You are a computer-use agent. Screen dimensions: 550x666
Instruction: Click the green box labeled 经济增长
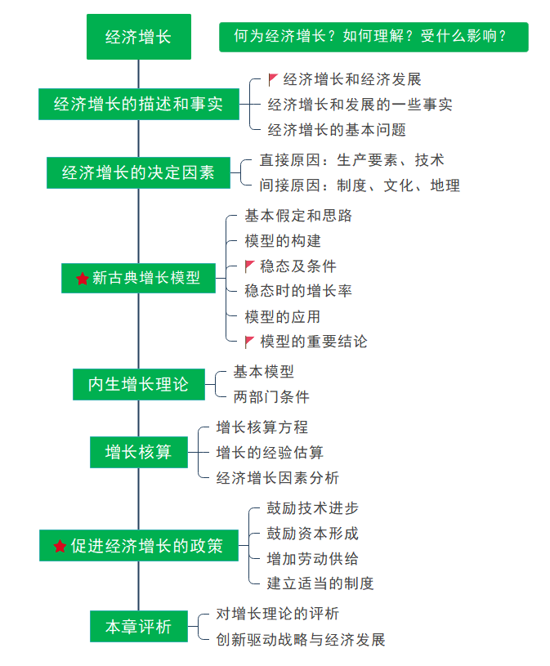tap(138, 37)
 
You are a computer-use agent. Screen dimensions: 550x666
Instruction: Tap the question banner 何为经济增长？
tap(373, 37)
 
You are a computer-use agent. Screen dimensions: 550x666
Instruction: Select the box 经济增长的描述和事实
tap(138, 104)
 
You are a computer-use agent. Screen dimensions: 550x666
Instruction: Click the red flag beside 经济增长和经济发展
tap(274, 79)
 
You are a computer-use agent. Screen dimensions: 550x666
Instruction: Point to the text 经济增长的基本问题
tap(337, 129)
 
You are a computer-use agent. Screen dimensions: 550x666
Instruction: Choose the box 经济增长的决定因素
tap(138, 172)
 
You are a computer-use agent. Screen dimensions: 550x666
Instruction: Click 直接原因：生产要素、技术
tap(351, 160)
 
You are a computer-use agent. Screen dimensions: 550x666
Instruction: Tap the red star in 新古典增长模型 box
tap(82, 279)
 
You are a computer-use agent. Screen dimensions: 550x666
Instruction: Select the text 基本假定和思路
tap(298, 216)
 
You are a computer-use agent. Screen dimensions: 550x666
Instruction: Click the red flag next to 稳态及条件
tap(250, 266)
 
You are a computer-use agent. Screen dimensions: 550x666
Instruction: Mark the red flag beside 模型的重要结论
tap(250, 342)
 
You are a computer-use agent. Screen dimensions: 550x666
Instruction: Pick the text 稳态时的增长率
tap(298, 291)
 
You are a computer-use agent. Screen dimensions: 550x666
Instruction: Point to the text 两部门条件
tap(271, 397)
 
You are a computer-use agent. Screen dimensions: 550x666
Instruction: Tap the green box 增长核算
tap(138, 452)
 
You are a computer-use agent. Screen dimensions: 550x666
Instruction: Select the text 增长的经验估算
tap(270, 452)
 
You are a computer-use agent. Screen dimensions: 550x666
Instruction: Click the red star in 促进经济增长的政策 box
tap(60, 546)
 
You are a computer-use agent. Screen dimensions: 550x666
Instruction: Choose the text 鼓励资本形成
tap(312, 533)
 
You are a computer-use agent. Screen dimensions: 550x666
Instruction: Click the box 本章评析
tap(138, 627)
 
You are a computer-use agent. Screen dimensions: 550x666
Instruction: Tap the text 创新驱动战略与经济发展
tap(300, 639)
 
